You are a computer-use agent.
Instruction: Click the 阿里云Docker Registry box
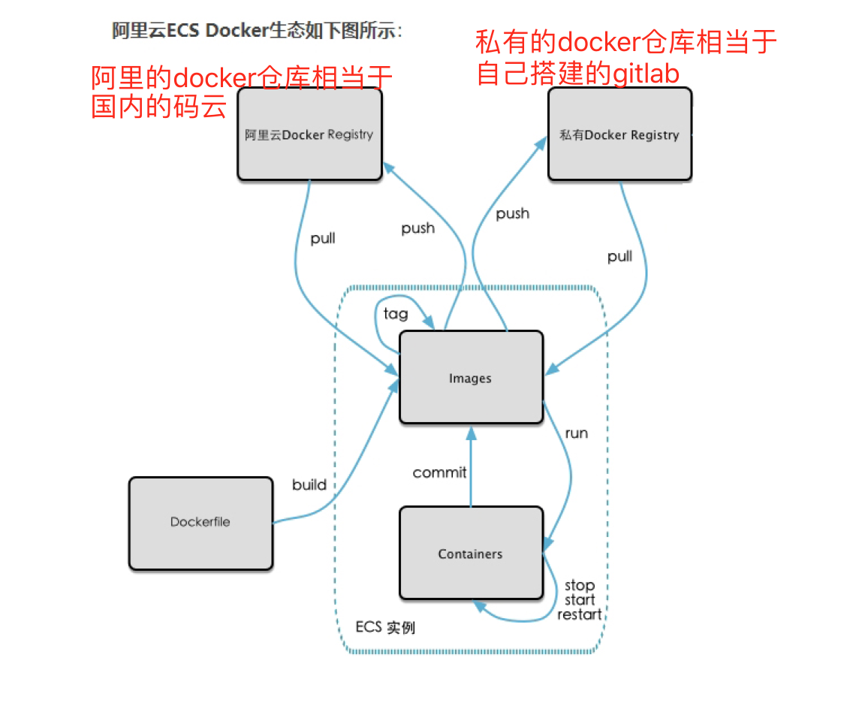[309, 134]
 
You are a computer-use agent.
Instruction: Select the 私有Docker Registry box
[619, 134]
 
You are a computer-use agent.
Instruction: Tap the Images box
[470, 378]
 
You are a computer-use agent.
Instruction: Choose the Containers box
[470, 554]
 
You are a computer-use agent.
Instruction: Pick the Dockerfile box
[200, 523]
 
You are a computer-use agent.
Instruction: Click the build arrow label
[309, 484]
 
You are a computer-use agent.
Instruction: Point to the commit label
[439, 472]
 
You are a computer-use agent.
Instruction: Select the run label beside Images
[576, 433]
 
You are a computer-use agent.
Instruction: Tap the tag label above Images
[395, 313]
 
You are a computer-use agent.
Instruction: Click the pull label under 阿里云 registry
[323, 239]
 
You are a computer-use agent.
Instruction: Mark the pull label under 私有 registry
[619, 256]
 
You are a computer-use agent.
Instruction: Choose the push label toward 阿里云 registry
[417, 228]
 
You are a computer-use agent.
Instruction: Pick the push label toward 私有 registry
[513, 214]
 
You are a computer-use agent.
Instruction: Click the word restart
[579, 614]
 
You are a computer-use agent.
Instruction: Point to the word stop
[579, 585]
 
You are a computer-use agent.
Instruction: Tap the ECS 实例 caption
[385, 627]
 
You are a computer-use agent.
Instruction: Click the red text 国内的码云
[158, 106]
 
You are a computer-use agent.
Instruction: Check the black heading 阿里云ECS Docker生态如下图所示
[257, 31]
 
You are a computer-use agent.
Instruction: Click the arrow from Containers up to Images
[471, 466]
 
